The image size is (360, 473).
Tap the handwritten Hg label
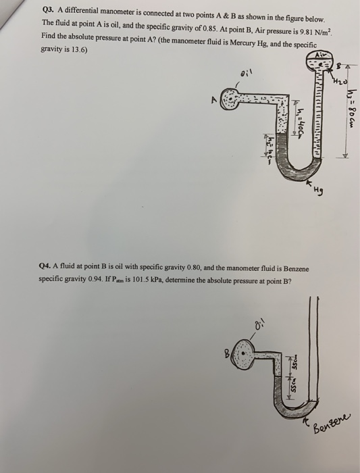(x=319, y=191)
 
